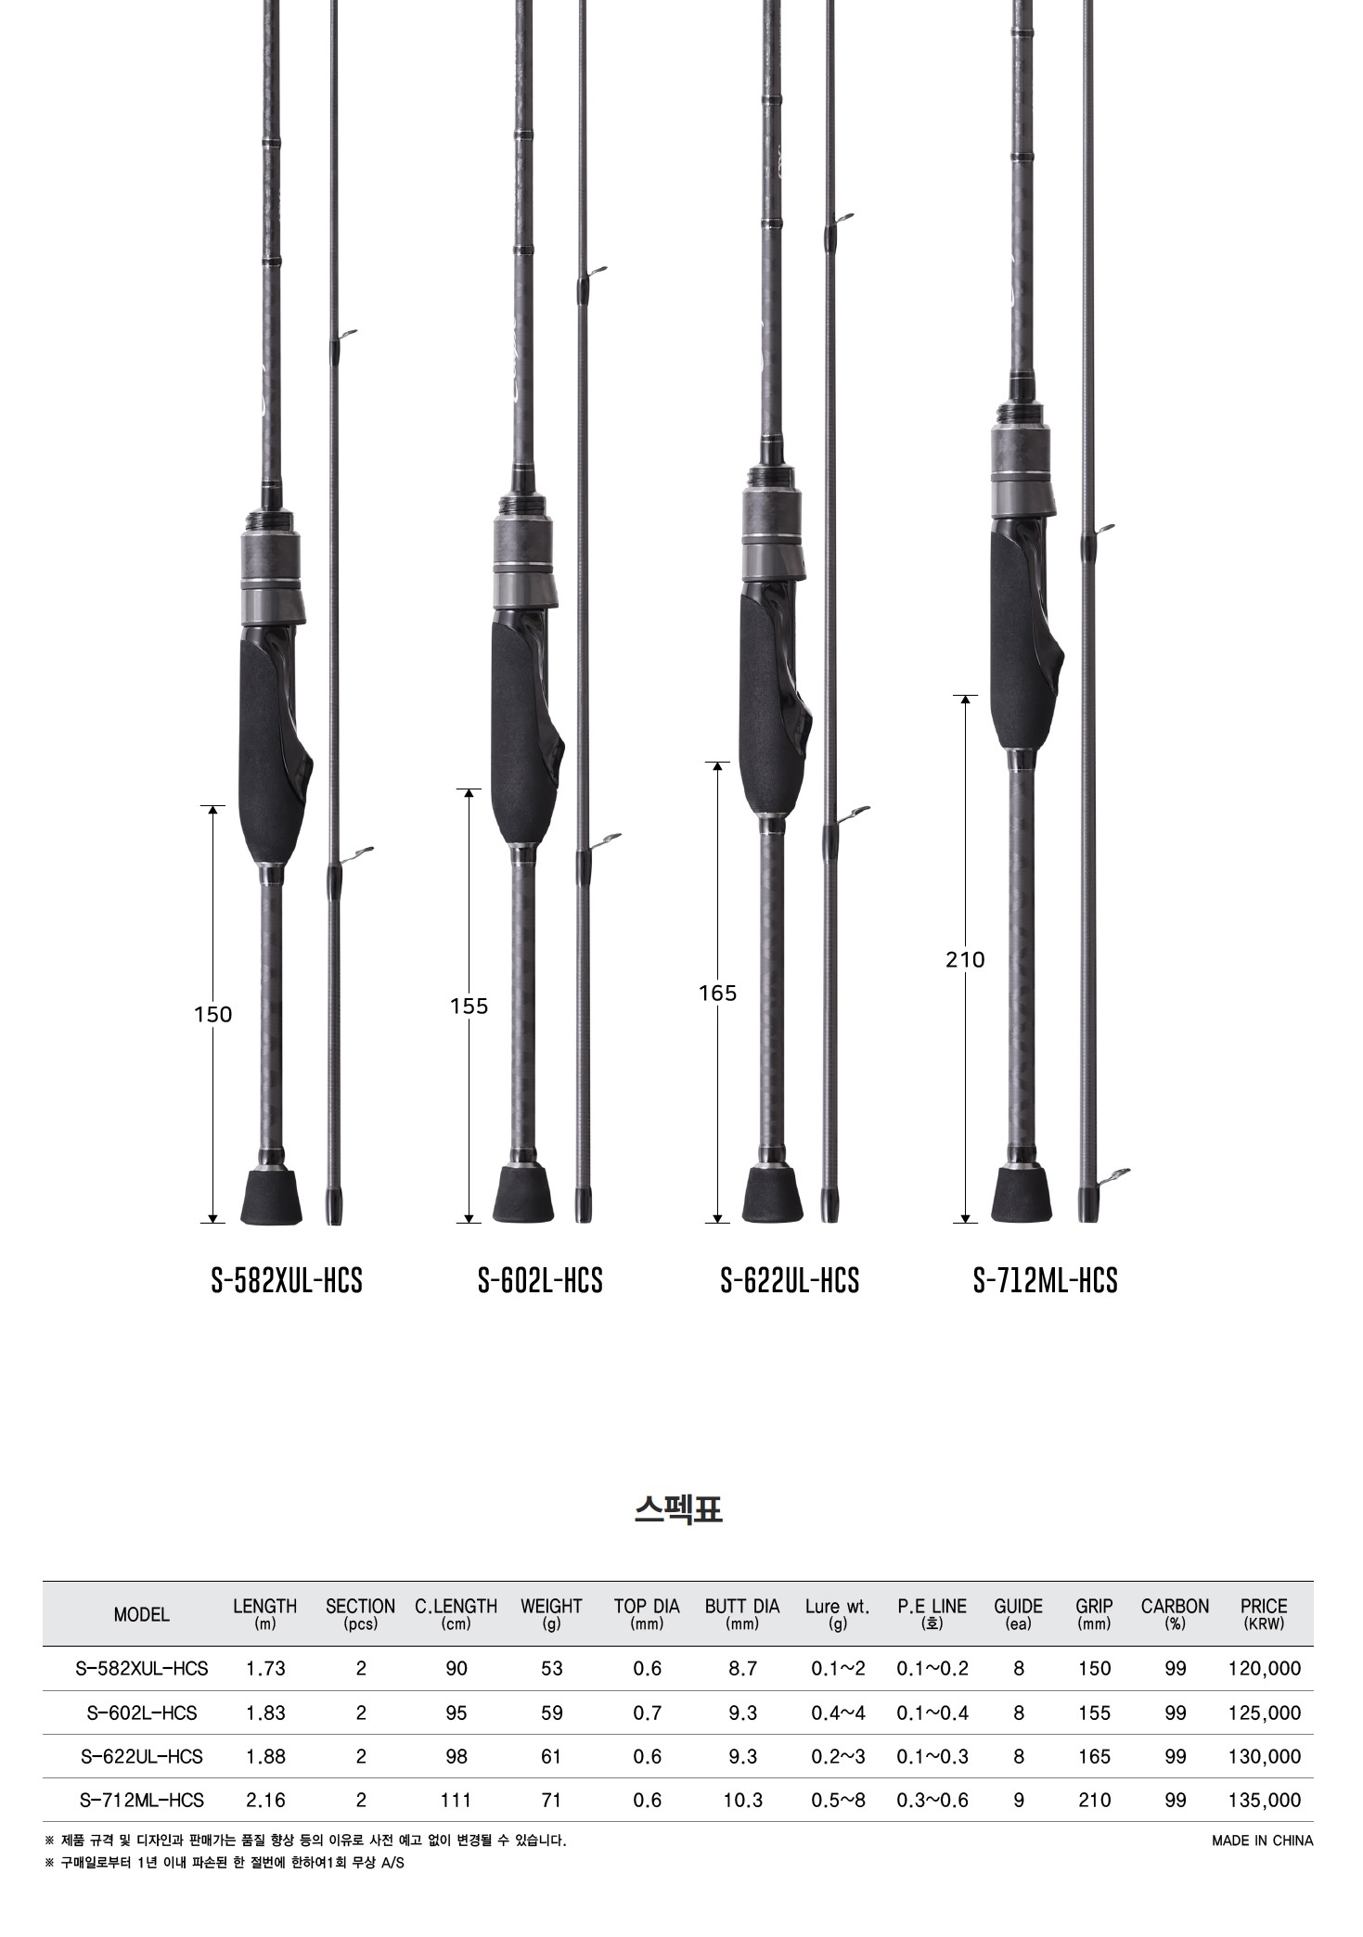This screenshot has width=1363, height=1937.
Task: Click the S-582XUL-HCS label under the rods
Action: pyautogui.click(x=287, y=1280)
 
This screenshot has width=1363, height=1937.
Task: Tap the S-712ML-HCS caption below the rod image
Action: pyautogui.click(x=1045, y=1280)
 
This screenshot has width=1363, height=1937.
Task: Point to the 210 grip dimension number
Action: pyautogui.click(x=965, y=960)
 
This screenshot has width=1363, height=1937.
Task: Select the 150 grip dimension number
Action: pyautogui.click(x=213, y=1015)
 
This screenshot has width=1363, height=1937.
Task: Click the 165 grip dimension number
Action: pyautogui.click(x=718, y=994)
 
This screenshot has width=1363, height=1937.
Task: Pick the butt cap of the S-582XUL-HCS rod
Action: pyautogui.click(x=272, y=1196)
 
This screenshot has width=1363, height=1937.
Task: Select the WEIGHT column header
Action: pyautogui.click(x=551, y=1613)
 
